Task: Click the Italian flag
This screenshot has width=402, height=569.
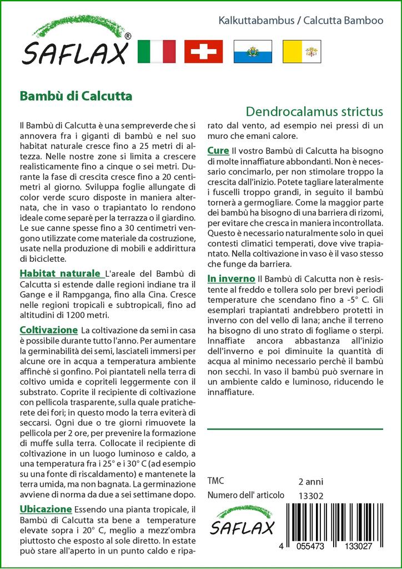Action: (x=155, y=51)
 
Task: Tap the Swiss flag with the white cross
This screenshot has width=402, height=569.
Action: (x=203, y=51)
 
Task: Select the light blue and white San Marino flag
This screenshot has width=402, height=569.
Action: (x=252, y=51)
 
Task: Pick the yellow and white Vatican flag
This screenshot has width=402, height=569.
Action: (x=300, y=51)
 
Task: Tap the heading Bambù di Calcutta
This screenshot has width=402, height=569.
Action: (x=76, y=95)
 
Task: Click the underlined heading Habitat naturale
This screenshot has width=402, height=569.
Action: (x=60, y=273)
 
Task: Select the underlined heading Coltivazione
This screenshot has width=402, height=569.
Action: (x=48, y=330)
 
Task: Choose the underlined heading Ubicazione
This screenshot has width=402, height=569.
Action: (x=46, y=509)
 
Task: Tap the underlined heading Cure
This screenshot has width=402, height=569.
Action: (x=218, y=151)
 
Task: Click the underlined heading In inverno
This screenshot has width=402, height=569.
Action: (x=231, y=278)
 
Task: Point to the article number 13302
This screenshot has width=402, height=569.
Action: (x=310, y=496)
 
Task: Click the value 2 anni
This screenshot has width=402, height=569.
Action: (x=310, y=481)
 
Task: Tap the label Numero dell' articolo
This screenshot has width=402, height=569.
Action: (x=245, y=496)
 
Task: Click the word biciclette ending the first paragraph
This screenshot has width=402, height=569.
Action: (x=42, y=258)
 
